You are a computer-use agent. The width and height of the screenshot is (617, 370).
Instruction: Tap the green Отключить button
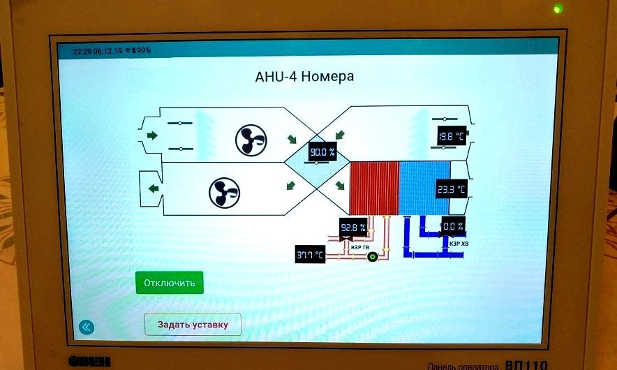(170, 283)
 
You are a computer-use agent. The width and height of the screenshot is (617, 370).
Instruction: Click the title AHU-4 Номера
(304, 76)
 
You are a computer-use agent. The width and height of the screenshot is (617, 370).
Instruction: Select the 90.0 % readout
(322, 151)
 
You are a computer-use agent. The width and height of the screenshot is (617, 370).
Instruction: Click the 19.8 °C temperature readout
(451, 136)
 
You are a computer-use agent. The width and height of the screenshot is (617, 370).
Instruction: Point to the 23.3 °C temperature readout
(451, 189)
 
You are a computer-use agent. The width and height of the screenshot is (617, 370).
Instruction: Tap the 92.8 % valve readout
(353, 228)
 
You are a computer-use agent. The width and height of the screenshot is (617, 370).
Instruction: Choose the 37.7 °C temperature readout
(310, 255)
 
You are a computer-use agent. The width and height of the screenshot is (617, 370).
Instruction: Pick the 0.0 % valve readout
(453, 226)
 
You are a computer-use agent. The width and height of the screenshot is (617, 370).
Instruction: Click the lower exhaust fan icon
(225, 193)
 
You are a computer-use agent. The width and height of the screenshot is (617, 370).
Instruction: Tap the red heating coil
(373, 188)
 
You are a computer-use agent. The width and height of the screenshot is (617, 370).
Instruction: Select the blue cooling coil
(424, 188)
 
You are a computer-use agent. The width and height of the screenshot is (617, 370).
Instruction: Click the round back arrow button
(86, 326)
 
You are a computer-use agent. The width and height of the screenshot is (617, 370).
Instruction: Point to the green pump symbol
(372, 257)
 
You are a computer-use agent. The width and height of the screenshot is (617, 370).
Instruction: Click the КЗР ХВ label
(459, 244)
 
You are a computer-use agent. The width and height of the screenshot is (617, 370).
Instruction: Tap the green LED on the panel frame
(556, 9)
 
